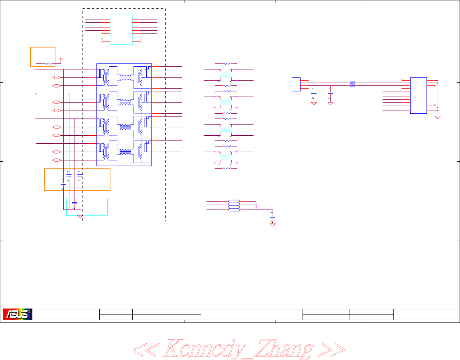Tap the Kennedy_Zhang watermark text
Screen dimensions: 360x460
coord(238,348)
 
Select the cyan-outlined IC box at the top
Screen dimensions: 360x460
coord(121,29)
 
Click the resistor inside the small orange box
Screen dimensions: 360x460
coord(48,63)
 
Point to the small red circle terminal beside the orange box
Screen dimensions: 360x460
coord(61,59)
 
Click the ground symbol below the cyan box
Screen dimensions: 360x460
coord(80,217)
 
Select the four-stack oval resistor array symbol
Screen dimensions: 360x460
coord(234,205)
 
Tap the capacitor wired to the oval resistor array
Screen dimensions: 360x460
coord(273,218)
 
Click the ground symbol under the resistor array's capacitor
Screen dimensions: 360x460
coord(273,224)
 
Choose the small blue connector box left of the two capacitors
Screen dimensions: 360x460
coord(296,84)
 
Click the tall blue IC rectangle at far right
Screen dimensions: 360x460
coord(419,95)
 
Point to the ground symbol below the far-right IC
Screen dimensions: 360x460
coord(438,117)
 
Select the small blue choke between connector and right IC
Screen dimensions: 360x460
coord(352,84)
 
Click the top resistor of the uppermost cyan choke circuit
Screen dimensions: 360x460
coord(226,63)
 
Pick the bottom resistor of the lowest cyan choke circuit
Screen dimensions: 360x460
coord(226,168)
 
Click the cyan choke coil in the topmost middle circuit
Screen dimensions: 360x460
coord(226,75)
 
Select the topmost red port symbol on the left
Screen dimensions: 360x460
coord(56,77)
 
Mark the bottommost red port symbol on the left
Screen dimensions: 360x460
coord(56,160)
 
